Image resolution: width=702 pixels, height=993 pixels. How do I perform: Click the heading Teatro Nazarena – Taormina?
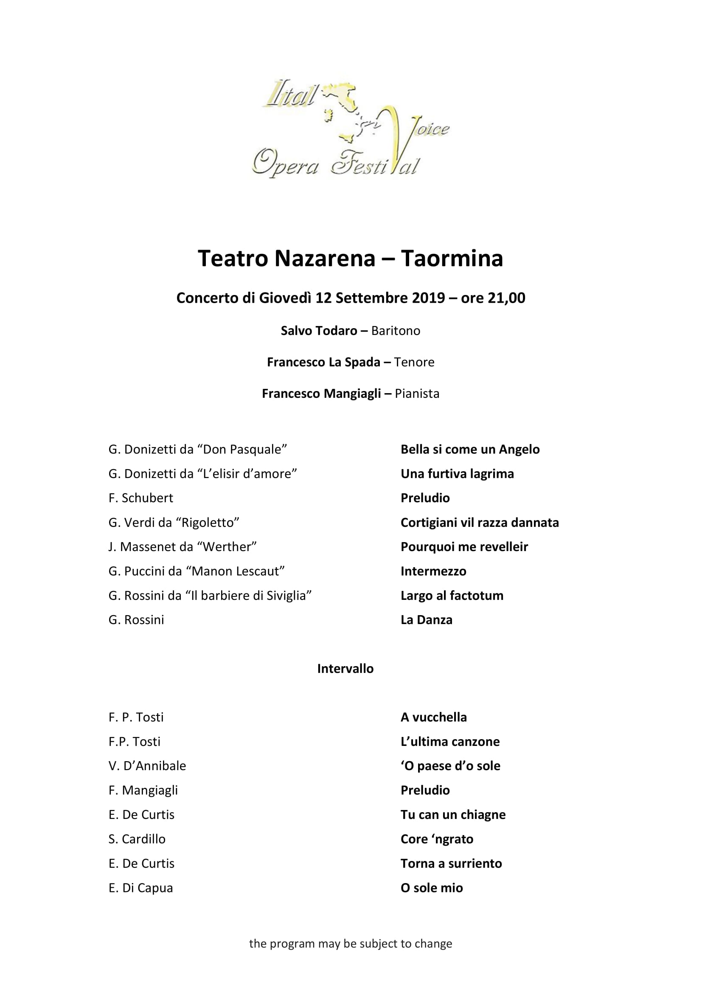point(350,259)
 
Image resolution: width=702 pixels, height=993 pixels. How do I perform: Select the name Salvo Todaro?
point(319,331)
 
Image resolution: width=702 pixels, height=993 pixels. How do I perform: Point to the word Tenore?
point(414,362)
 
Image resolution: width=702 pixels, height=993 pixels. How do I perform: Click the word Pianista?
point(417,394)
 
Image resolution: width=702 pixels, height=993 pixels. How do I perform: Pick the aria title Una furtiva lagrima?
point(457,474)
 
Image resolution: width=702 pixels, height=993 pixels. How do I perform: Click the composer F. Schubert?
point(140,498)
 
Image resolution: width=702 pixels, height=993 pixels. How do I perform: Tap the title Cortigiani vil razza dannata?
point(479,523)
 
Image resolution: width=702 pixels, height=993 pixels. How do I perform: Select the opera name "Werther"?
point(227,547)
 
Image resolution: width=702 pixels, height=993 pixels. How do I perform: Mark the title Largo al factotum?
point(452,596)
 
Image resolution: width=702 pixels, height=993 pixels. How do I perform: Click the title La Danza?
point(426,620)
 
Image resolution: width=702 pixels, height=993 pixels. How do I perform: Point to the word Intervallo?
point(345,669)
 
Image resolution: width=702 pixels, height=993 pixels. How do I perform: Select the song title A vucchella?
point(434,717)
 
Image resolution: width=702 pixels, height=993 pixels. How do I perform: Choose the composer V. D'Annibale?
point(147,766)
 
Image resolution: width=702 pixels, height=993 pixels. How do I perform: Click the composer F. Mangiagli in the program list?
point(143,790)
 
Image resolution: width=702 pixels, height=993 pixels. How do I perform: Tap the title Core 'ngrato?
point(437,839)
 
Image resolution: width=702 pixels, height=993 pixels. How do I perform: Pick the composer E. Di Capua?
point(140,888)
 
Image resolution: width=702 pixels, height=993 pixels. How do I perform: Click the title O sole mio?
point(431,888)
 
